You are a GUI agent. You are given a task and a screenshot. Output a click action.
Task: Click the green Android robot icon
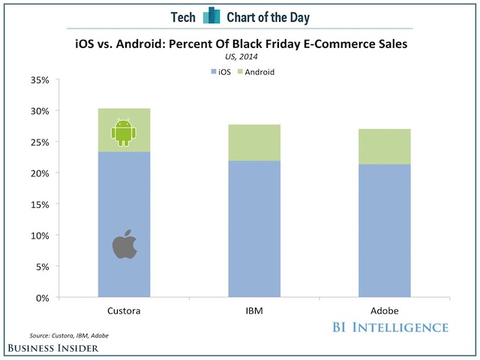tap(124, 133)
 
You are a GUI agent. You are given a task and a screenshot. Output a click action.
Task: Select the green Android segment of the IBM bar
tap(253, 142)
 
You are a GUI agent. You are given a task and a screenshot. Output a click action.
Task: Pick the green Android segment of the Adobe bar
tap(384, 146)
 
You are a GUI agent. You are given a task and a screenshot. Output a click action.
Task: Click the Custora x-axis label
tap(124, 309)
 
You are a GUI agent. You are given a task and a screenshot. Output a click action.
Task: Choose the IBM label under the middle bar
tap(253, 309)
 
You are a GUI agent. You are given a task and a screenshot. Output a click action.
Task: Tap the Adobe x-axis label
tap(384, 309)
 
